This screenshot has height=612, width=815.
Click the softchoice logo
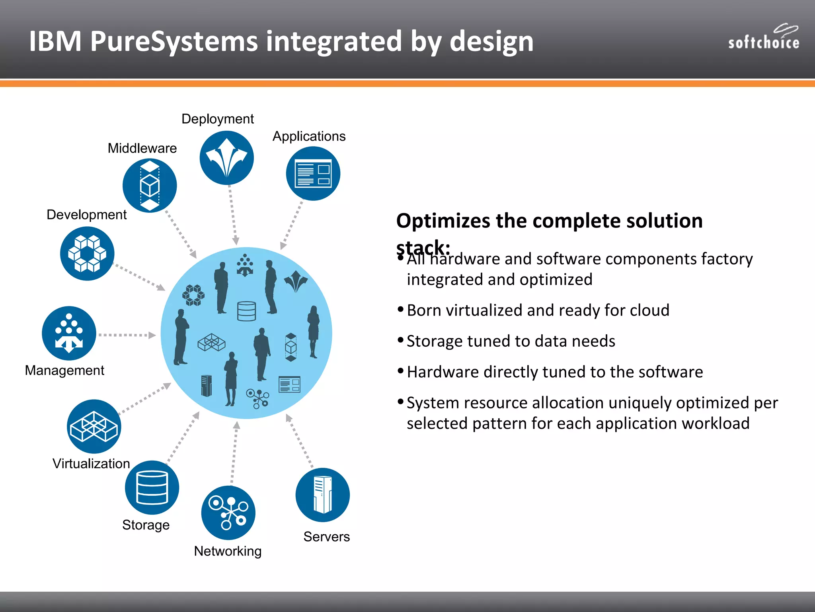pyautogui.click(x=763, y=38)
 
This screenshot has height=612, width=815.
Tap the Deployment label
pyautogui.click(x=217, y=119)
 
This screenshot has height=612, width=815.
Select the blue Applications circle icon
pyautogui.click(x=313, y=173)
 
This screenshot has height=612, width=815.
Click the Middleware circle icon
pyautogui.click(x=150, y=185)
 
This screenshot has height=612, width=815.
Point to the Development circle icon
pyautogui.click(x=87, y=253)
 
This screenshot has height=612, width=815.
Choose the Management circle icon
pyautogui.click(x=69, y=333)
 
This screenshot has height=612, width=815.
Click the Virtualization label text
pyautogui.click(x=91, y=463)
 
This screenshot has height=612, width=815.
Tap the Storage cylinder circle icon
pyautogui.click(x=152, y=487)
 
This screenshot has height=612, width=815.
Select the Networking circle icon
pyautogui.click(x=228, y=513)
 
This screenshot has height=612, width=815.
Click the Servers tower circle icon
pyautogui.click(x=322, y=495)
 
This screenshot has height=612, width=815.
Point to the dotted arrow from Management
pyautogui.click(x=127, y=335)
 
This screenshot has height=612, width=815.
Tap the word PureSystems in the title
pyautogui.click(x=174, y=41)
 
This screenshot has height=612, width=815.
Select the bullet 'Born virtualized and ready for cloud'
pyautogui.click(x=538, y=310)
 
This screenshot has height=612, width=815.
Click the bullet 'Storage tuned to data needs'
pyautogui.click(x=511, y=341)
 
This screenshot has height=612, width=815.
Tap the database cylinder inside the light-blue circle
pyautogui.click(x=246, y=311)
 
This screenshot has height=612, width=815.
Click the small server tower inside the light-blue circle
pyautogui.click(x=206, y=386)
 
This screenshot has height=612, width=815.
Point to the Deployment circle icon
pyautogui.click(x=226, y=158)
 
